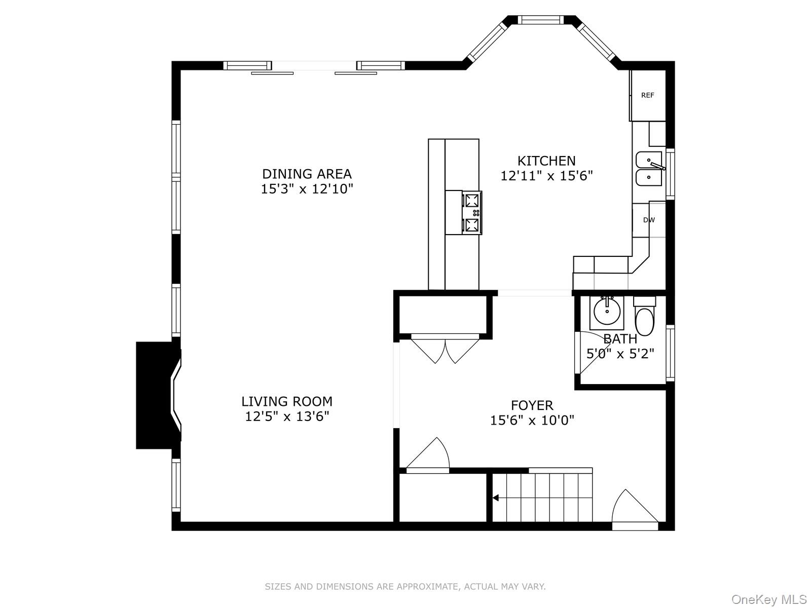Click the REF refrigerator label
point(647,95)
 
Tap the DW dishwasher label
point(649,220)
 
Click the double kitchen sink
point(649,168)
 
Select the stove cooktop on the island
point(472,212)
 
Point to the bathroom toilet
point(644,318)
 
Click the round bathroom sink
point(606,312)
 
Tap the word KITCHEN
point(546,161)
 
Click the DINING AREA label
point(307,174)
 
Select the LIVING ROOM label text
point(287,401)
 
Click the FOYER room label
point(532,405)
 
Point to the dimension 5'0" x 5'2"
point(620,354)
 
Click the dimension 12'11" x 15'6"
point(546,176)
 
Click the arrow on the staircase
point(496,498)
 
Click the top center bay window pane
point(540,20)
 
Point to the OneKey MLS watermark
point(768,600)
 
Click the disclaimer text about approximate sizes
point(405,587)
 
